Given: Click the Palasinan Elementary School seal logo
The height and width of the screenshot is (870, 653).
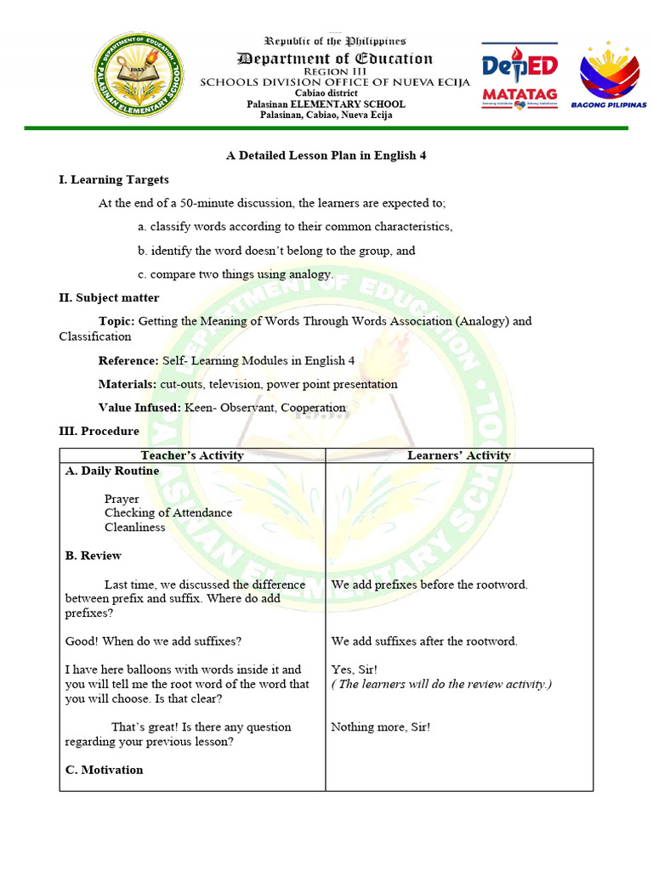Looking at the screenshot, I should click(139, 78).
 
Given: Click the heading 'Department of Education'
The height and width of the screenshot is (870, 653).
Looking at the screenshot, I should click(335, 59).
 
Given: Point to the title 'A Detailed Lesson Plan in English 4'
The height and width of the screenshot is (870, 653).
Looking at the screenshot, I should click(326, 156).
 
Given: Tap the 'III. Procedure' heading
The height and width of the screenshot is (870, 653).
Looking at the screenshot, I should click(99, 431).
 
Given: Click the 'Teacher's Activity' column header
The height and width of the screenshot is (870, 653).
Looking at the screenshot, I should click(192, 455).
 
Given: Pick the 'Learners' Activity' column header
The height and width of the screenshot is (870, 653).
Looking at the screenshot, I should click(459, 455).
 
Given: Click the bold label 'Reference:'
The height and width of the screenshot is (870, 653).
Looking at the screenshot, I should click(128, 360).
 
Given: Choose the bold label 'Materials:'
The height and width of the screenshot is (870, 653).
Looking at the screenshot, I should click(128, 384).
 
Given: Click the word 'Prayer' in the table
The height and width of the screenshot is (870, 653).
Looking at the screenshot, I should click(122, 499).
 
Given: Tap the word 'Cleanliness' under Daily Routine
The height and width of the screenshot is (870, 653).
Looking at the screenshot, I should click(135, 527).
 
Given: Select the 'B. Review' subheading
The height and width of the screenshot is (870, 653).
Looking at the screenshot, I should click(94, 556).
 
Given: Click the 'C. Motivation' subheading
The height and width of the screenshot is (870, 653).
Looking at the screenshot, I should click(104, 770).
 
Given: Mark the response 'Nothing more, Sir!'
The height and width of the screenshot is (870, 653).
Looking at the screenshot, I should click(381, 727).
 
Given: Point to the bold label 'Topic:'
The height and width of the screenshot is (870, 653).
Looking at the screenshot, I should click(116, 321).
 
